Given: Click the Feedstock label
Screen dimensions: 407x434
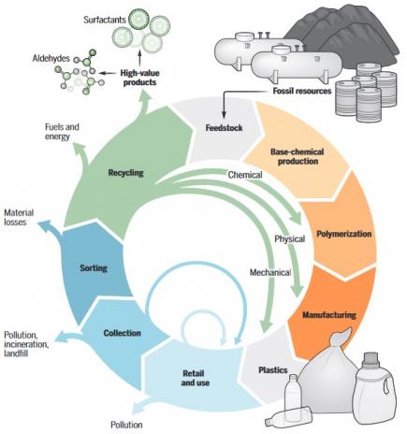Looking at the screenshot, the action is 224,128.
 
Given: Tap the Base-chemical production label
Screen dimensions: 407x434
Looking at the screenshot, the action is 298,156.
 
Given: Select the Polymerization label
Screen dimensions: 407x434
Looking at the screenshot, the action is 344,234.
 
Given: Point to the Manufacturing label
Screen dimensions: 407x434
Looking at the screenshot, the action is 329,314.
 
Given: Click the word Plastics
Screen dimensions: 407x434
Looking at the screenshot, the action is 273,370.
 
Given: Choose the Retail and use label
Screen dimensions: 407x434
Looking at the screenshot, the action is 196,378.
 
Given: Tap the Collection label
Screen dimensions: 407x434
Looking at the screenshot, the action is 123,333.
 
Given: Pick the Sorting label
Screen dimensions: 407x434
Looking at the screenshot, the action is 94,268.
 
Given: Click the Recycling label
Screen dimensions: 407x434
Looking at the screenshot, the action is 125,172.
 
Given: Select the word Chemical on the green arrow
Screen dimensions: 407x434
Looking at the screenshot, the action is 245,175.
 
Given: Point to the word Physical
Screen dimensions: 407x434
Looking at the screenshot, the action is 290,239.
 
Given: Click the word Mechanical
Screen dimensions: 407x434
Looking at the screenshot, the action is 270,272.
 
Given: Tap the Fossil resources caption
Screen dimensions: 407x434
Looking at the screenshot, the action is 302,91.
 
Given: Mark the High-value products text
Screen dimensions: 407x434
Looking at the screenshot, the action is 139,78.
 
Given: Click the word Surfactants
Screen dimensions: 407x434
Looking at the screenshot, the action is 105,20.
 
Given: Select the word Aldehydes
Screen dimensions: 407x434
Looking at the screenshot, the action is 51,58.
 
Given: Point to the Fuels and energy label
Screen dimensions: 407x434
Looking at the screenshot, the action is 62,132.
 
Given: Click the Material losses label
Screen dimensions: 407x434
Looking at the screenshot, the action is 19,217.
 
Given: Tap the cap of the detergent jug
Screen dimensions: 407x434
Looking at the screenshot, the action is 371,358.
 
